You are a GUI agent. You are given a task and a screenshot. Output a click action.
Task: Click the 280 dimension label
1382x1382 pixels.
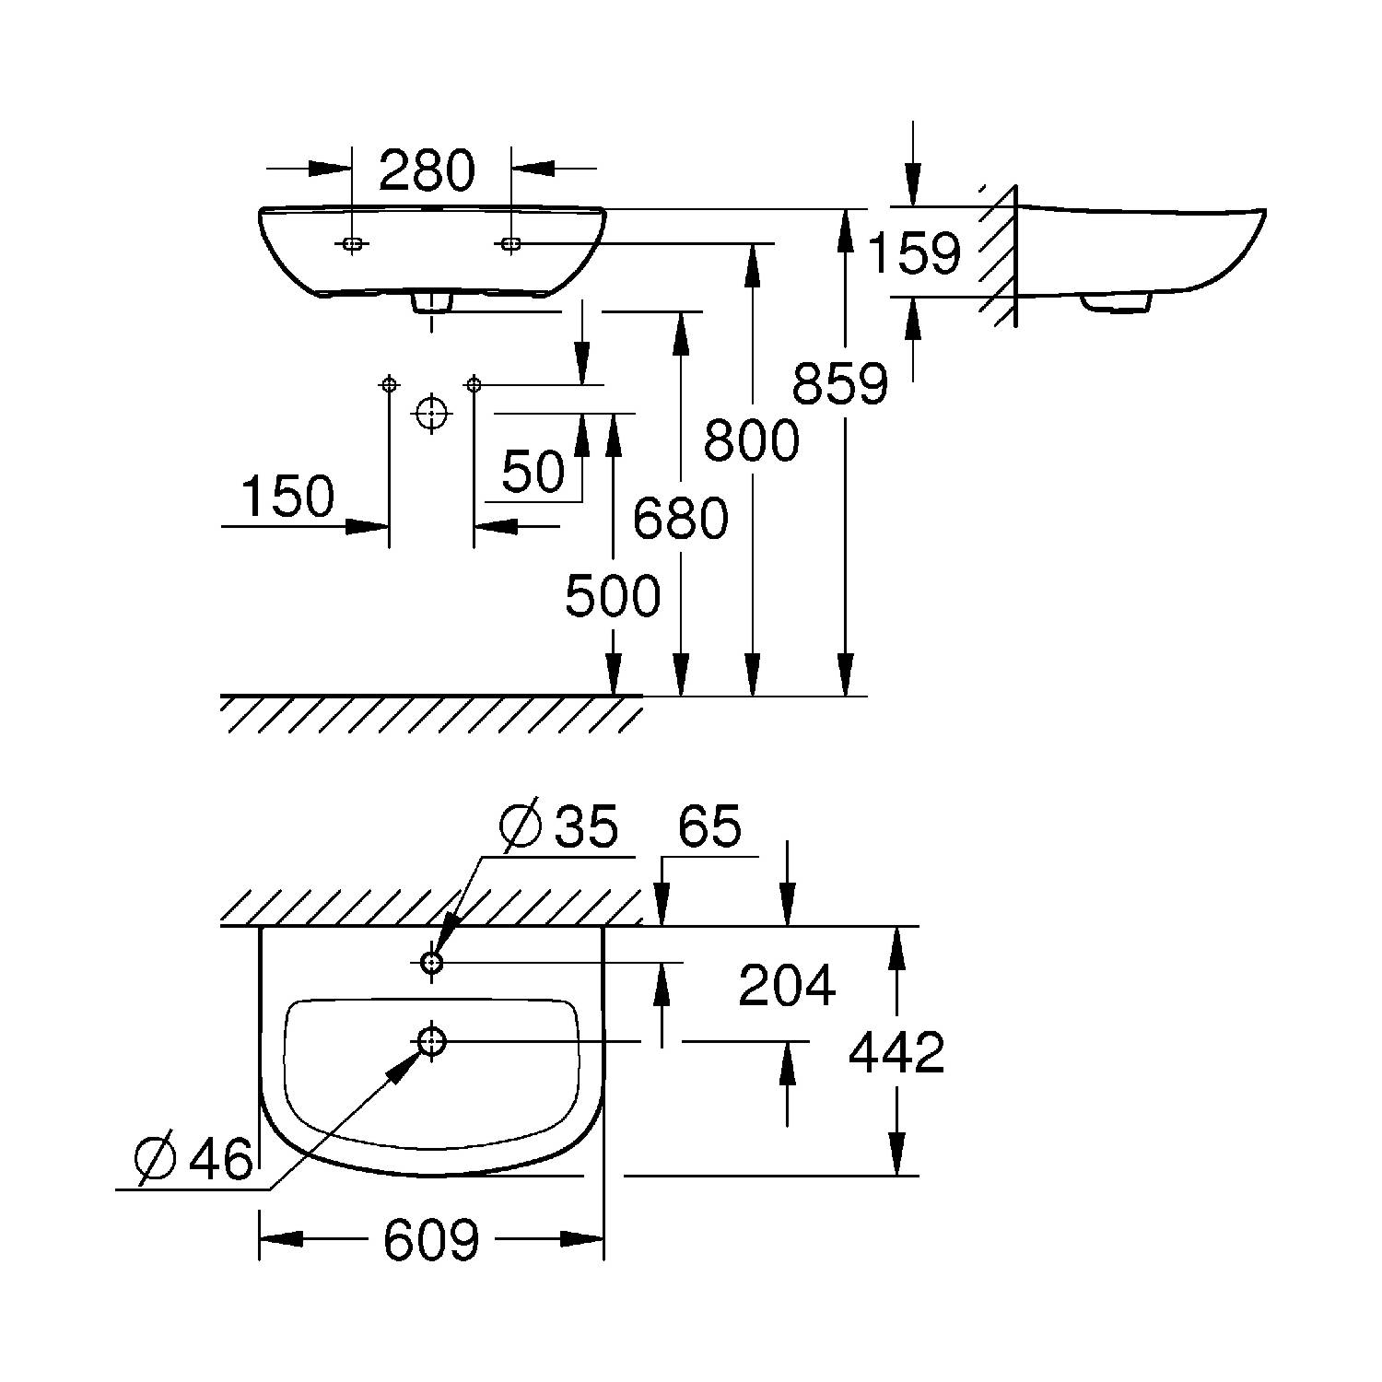pos(427,170)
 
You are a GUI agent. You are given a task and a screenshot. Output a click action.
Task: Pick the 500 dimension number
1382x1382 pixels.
pos(613,595)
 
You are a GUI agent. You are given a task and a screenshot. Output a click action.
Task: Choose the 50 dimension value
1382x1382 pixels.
pos(533,472)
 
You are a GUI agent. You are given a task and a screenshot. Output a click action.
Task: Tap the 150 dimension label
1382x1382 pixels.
pos(287,497)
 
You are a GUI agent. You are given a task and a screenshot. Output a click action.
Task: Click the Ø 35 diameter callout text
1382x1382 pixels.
pos(558,826)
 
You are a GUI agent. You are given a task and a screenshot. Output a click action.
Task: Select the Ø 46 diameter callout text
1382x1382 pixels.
pos(193,1158)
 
